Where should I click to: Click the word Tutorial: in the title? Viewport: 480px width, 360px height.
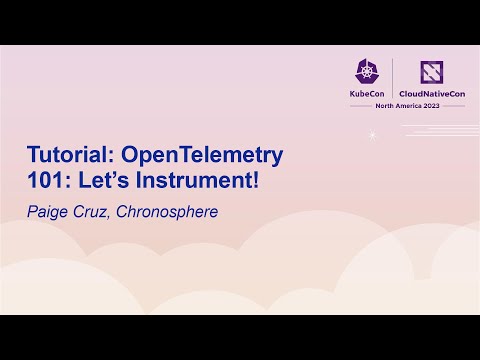[71, 155]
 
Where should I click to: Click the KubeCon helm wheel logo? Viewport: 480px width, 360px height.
[366, 70]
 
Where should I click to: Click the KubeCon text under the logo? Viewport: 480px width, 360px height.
[366, 94]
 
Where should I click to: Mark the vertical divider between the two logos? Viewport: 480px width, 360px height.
[393, 78]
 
